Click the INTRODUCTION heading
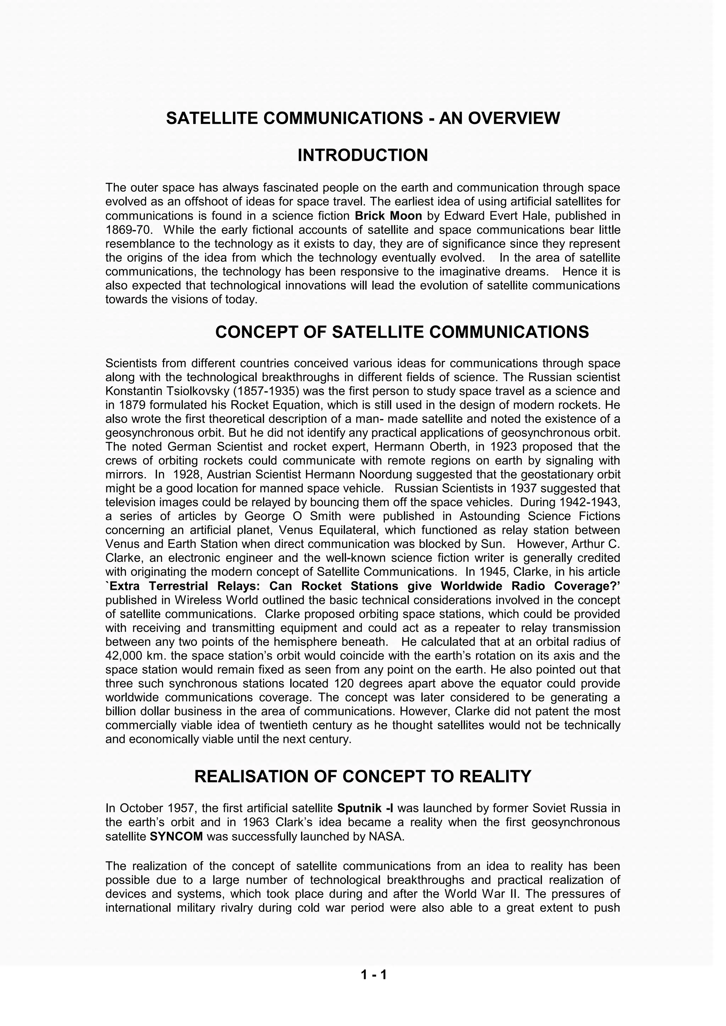pyautogui.click(x=363, y=156)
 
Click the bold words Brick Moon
pyautogui.click(x=388, y=216)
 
